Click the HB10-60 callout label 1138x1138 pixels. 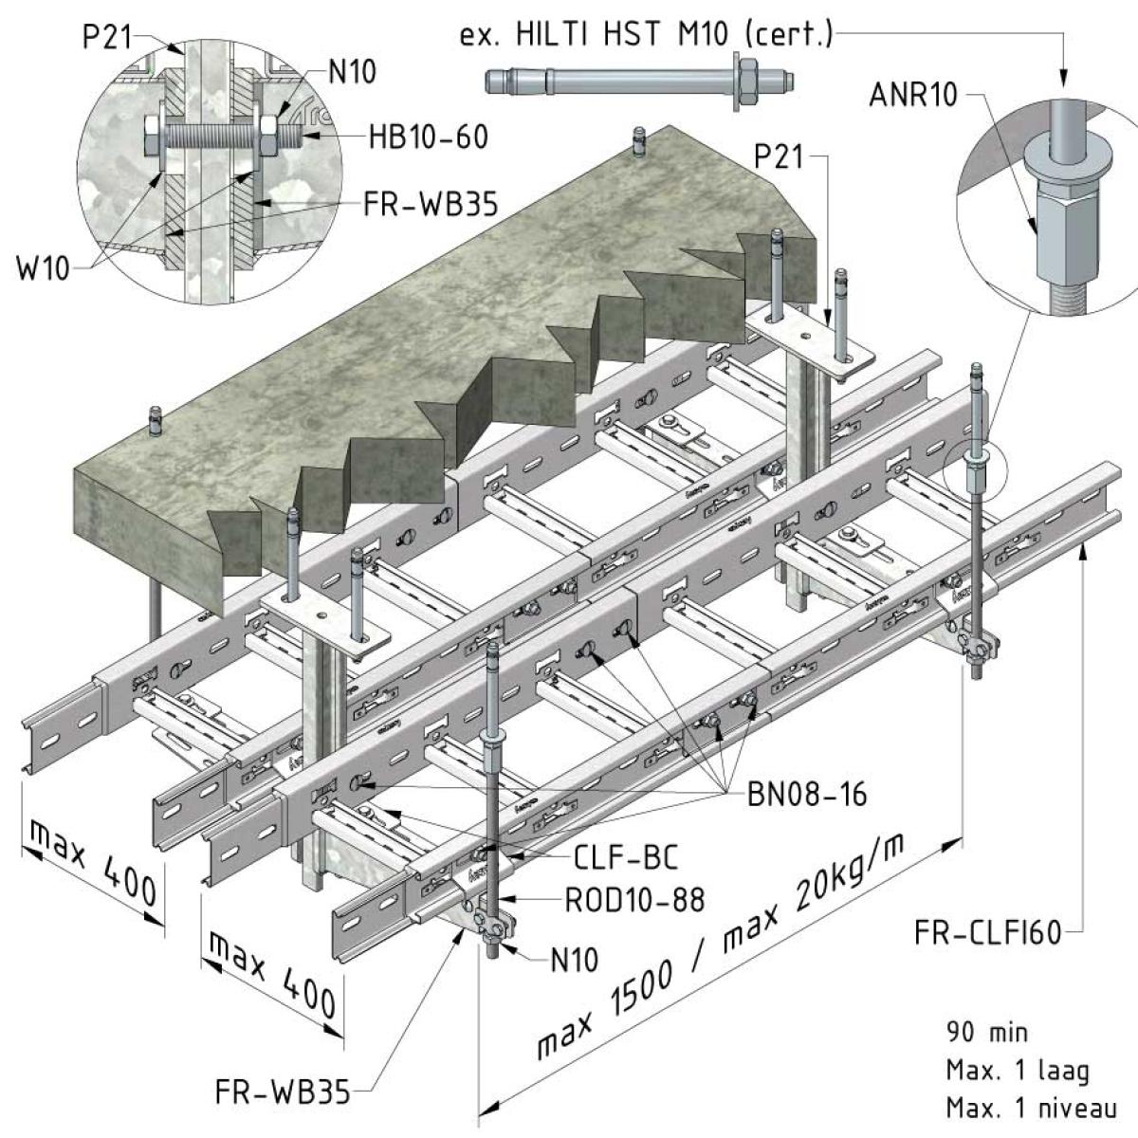(x=429, y=137)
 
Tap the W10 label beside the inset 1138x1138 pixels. (x=43, y=268)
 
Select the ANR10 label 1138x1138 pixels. (x=913, y=95)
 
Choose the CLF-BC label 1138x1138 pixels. (x=626, y=857)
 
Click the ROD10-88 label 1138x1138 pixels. (x=634, y=899)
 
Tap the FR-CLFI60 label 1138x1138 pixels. (x=987, y=933)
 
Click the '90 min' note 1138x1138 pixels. (x=986, y=1032)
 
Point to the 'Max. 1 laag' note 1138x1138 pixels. (x=1018, y=1071)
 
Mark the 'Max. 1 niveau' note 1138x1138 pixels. (x=1031, y=1107)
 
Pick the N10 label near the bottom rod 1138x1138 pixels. (x=575, y=960)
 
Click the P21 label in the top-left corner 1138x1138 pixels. (x=105, y=37)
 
